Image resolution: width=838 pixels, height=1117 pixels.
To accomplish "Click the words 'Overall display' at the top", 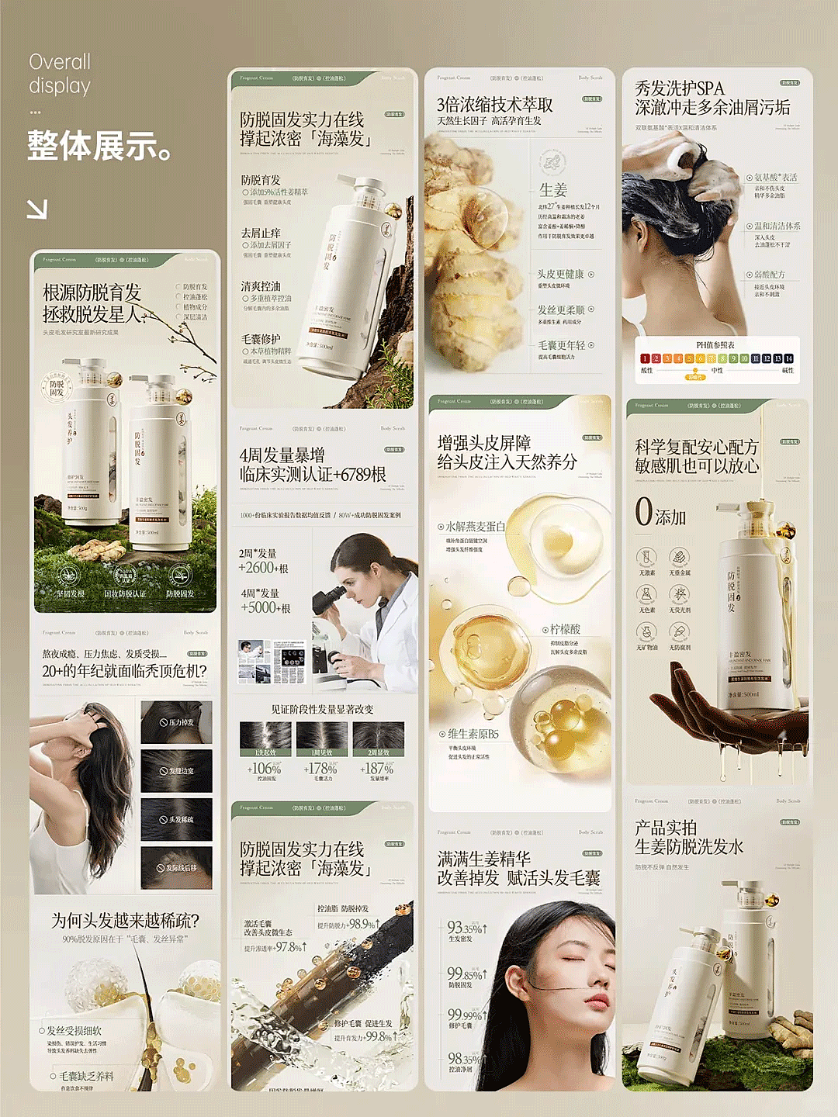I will click(60, 74).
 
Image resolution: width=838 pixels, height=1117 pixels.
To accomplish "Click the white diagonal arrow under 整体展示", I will click(37, 209).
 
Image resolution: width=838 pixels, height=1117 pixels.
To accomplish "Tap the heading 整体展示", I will click(99, 146).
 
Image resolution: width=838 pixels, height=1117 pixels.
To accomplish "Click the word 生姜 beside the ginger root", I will click(553, 190).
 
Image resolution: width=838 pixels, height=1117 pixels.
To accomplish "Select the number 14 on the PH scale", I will click(788, 358).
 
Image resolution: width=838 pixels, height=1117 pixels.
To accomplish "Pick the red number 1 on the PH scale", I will click(645, 358).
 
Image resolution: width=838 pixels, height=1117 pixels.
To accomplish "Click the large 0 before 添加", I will click(643, 512).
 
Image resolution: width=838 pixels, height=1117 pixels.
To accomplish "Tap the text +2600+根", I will click(264, 569).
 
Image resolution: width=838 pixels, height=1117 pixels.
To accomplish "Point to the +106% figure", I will click(265, 768).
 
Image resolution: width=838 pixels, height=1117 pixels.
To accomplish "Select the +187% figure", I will click(378, 768).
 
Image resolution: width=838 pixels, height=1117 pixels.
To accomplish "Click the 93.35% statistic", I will click(465, 928).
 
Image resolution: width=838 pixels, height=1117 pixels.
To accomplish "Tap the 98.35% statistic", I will click(465, 1058).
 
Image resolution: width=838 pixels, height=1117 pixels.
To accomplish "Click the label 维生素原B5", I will click(473, 734).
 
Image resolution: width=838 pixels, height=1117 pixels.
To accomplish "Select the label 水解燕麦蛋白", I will click(475, 527).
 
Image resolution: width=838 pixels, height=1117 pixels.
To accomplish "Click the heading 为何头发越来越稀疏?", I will click(126, 921).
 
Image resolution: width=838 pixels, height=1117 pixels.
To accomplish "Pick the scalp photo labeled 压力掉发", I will click(176, 722).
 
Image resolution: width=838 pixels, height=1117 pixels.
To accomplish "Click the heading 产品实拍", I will click(666, 828).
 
